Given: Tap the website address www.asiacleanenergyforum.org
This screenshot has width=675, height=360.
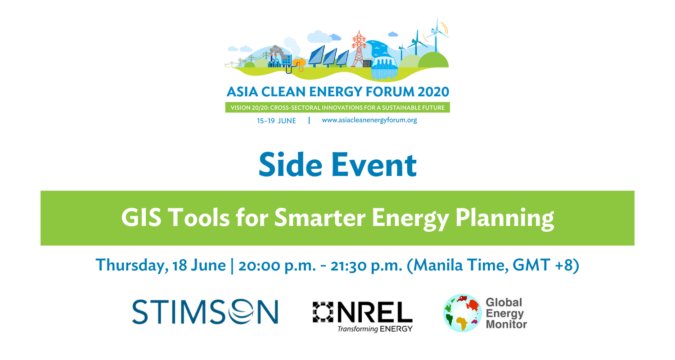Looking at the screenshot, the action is (x=369, y=120).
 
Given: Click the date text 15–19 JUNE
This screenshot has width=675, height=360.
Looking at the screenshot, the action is (x=276, y=121).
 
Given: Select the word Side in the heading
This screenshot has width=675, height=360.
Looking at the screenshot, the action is (x=291, y=165).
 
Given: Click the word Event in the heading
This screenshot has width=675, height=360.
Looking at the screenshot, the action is (x=374, y=165).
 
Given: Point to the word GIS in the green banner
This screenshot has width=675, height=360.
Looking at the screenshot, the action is (x=141, y=217).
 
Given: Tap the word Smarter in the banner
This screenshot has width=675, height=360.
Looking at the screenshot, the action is (x=319, y=217).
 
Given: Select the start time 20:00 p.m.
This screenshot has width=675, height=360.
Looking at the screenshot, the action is (x=277, y=265).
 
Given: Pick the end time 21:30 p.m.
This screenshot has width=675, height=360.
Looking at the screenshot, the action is (x=366, y=265).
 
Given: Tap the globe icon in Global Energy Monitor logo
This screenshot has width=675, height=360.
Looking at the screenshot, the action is (x=463, y=313).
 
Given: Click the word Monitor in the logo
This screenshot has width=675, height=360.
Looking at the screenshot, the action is (x=506, y=324).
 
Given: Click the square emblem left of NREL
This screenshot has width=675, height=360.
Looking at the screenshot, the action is (x=323, y=312).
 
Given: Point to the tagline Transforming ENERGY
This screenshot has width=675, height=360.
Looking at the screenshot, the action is (x=375, y=328).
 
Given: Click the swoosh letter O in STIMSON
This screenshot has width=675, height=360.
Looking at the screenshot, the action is (x=241, y=311).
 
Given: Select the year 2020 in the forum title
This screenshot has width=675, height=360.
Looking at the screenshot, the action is (x=433, y=92).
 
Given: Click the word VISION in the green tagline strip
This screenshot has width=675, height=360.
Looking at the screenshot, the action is (x=240, y=108).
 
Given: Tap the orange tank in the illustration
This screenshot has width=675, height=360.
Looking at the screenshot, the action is (x=299, y=63).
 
